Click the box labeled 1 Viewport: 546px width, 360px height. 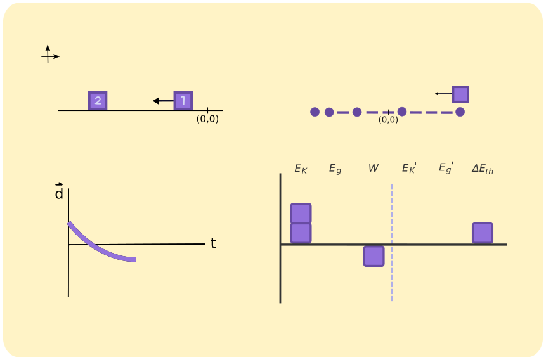click(183, 100)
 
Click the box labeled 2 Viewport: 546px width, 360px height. click(97, 100)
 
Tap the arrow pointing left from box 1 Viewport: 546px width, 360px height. click(163, 101)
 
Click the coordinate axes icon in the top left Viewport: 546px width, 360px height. click(49, 55)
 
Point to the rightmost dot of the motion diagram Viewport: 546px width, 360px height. click(460, 112)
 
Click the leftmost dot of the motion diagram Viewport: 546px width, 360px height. click(315, 112)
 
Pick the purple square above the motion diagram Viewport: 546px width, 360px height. click(460, 94)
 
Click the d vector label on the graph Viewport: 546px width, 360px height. click(59, 193)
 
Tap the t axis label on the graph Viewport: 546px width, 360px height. click(213, 243)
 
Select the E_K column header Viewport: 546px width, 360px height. click(301, 169)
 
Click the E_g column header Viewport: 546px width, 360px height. click(335, 169)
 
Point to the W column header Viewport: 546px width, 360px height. click(374, 168)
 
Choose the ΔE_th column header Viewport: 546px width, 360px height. click(483, 169)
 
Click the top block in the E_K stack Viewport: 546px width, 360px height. click(301, 214)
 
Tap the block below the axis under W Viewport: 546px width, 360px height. click(374, 256)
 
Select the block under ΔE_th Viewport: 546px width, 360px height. click(483, 233)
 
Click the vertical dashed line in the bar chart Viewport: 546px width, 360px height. click(392, 266)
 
